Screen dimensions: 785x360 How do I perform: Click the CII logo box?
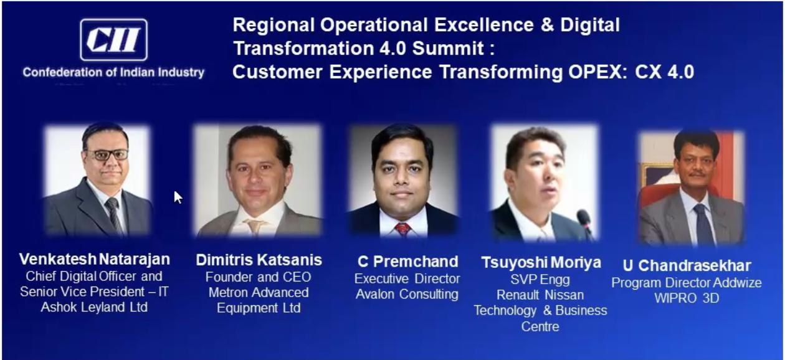pos(113,40)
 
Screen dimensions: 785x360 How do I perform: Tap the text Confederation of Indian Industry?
pos(113,72)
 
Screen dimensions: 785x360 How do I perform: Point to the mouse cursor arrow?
pos(178,197)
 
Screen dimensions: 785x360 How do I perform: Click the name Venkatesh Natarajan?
pos(94,259)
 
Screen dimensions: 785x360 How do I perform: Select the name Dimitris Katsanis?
pos(259,260)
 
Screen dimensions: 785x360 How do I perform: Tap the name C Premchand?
pos(407,262)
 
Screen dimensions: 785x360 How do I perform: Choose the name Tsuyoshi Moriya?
pos(541,263)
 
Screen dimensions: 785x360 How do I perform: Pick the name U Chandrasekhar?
pos(687,266)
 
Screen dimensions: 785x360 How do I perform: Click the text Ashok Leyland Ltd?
pos(94,307)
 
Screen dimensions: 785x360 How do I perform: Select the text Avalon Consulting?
pos(407,294)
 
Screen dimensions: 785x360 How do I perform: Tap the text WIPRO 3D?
pos(687,298)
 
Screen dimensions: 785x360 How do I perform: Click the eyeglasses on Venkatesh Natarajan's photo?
pos(106,154)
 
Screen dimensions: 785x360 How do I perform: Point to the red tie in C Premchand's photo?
pos(402,229)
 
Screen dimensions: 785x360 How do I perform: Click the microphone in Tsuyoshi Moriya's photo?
pos(586,223)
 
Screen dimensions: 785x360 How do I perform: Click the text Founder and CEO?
pos(259,277)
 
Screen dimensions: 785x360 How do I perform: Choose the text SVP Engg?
pos(540,280)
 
